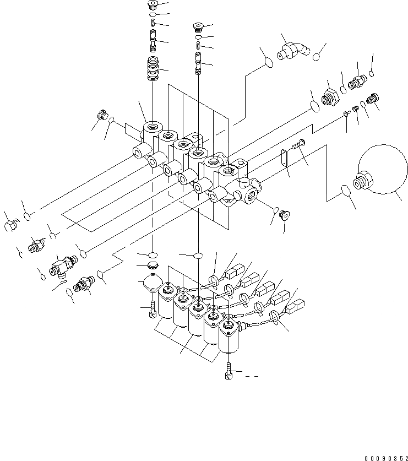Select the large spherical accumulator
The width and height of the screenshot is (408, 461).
380,172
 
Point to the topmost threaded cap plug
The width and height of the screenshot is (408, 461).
153,6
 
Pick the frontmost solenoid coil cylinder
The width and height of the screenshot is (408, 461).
230,336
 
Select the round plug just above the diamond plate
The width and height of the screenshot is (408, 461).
153,266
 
